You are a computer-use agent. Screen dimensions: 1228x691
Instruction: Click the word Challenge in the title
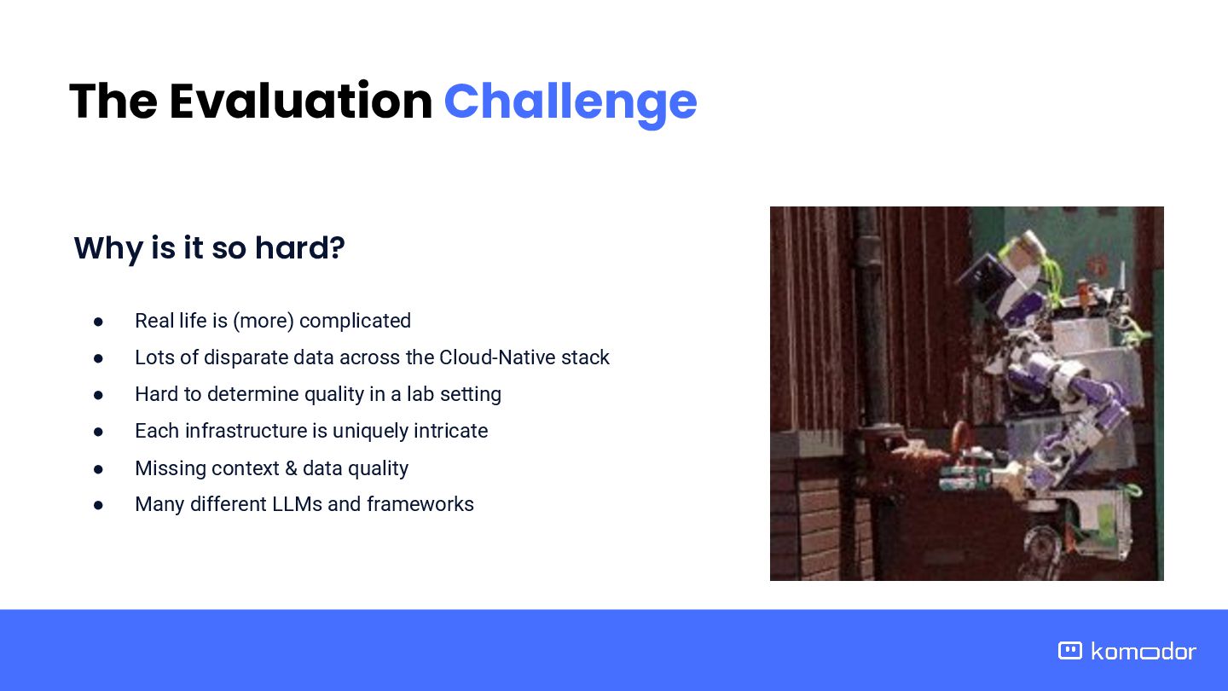click(571, 102)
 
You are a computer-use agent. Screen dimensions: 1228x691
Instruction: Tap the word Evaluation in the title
click(301, 101)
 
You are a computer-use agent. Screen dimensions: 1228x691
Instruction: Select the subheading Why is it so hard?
click(210, 248)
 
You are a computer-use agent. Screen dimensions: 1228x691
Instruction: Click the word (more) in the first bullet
click(264, 321)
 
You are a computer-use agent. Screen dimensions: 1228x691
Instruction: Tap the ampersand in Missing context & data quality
click(291, 468)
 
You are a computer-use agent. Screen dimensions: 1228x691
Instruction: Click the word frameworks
click(420, 504)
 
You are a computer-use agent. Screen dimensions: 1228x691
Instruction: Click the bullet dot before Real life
click(98, 322)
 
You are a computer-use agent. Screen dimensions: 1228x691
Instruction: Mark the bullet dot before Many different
click(98, 505)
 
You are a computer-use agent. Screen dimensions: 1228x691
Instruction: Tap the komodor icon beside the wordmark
click(1069, 650)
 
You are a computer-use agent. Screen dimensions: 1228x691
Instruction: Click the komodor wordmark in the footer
click(1144, 651)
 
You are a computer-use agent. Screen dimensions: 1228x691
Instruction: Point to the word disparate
click(246, 358)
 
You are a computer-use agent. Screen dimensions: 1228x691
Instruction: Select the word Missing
click(170, 469)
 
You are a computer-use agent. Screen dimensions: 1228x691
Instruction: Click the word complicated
click(355, 322)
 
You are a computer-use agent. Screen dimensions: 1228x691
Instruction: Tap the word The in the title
click(113, 101)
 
